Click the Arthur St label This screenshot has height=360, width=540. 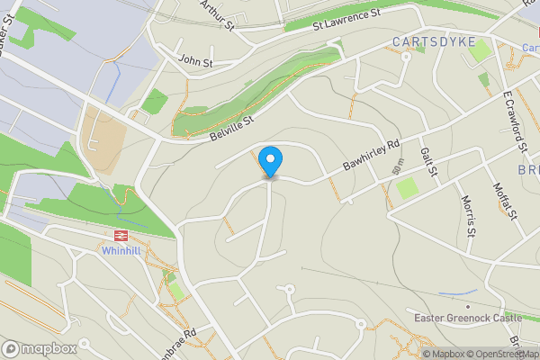[x=217, y=14]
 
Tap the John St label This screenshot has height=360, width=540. [x=195, y=62]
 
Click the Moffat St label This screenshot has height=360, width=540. [x=503, y=199]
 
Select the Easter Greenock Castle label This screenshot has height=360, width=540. [x=467, y=318]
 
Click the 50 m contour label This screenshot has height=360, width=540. [x=398, y=166]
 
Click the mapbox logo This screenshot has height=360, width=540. [x=40, y=348]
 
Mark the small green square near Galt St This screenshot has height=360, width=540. [x=408, y=188]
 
